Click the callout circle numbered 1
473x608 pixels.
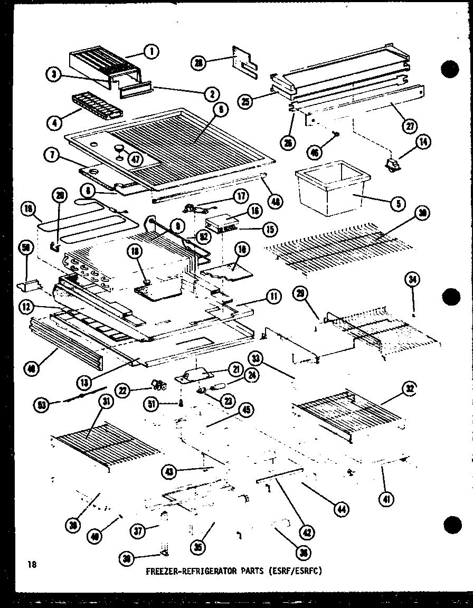[x=152, y=51]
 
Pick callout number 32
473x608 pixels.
[x=409, y=388]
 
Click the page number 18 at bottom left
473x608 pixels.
[x=33, y=565]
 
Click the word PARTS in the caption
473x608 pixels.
[x=244, y=571]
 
